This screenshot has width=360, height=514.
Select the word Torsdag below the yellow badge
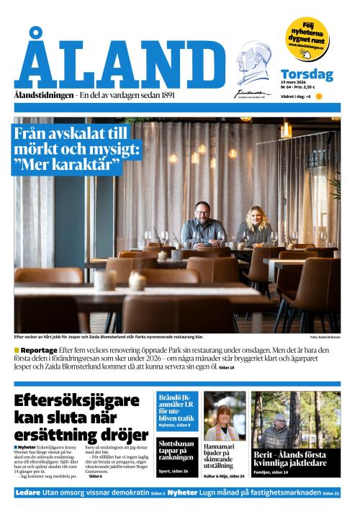(306, 74)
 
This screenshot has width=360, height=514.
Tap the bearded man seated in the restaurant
(202, 225)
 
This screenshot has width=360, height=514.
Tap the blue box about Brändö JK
(176, 410)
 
